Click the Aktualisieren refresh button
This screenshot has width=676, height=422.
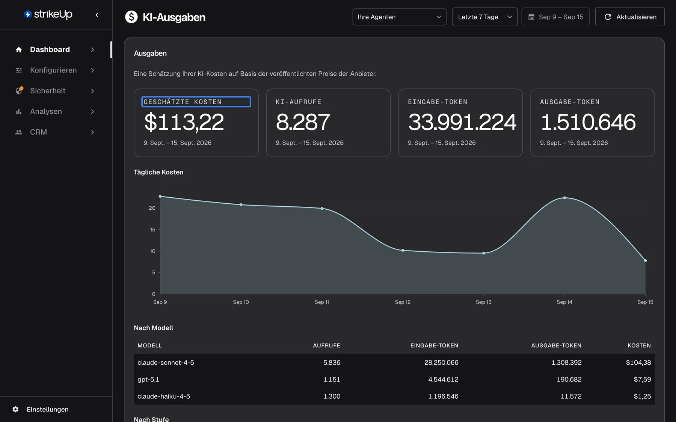(630, 17)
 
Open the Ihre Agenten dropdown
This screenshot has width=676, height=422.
(399, 17)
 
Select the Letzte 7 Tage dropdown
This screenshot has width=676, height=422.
(484, 17)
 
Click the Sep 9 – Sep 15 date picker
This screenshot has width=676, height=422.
(555, 17)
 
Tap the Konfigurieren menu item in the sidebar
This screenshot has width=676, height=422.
(53, 70)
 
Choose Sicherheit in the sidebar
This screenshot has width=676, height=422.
(48, 91)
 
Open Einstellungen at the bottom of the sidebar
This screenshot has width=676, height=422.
(48, 409)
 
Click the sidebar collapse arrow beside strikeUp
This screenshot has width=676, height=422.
(97, 15)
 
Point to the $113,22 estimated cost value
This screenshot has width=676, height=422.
(184, 122)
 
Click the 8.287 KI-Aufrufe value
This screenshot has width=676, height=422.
(303, 122)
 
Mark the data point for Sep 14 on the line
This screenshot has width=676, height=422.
(564, 198)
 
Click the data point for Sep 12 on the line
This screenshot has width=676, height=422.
(403, 250)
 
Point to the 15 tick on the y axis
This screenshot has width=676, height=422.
(152, 230)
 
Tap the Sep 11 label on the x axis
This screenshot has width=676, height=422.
(322, 302)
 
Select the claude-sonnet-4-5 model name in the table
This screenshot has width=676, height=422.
(166, 362)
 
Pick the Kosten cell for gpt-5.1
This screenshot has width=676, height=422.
(642, 379)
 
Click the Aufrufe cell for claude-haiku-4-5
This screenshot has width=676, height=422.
(332, 396)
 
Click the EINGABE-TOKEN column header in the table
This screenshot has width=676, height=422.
(434, 345)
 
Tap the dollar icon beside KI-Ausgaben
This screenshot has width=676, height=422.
(131, 17)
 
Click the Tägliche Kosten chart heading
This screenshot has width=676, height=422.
(158, 172)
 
